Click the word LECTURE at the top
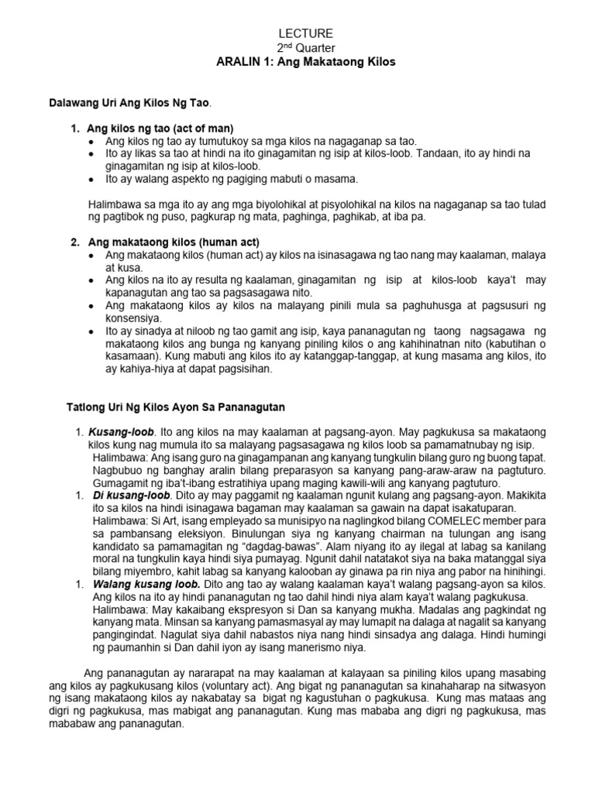point(305,33)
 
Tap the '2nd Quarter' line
point(305,47)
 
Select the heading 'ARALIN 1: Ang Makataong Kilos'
point(305,62)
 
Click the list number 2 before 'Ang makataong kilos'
point(75,242)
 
